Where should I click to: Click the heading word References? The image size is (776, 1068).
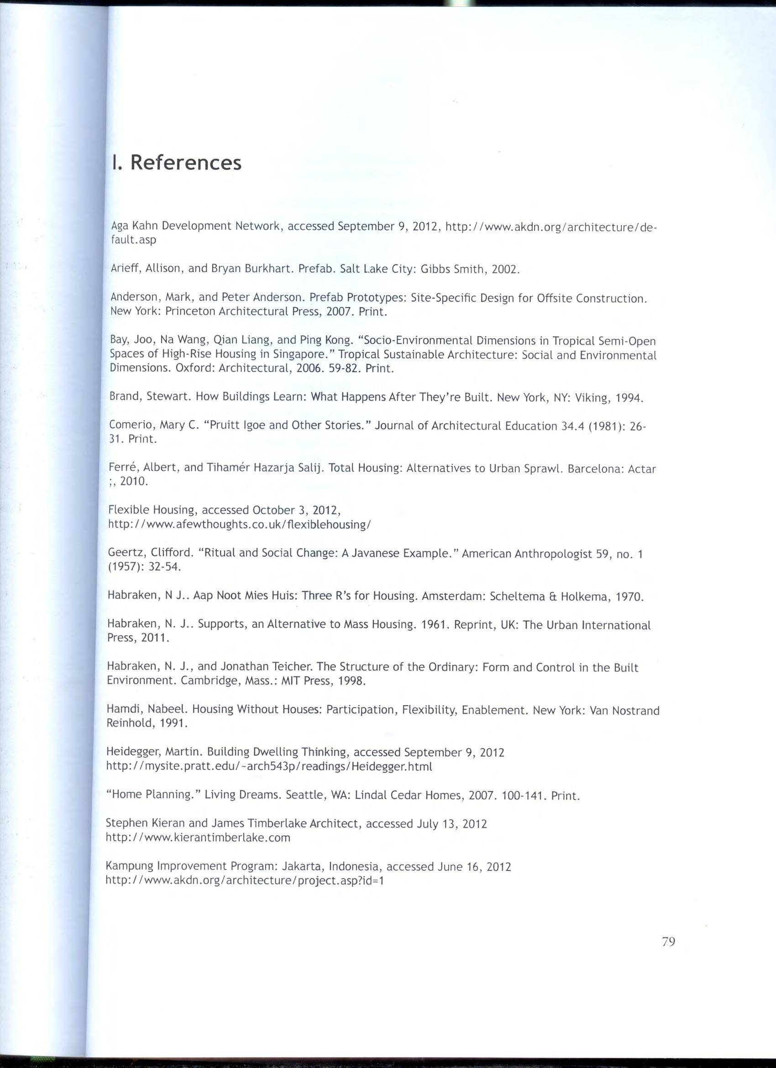pyautogui.click(x=185, y=163)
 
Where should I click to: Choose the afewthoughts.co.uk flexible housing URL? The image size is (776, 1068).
pyautogui.click(x=240, y=524)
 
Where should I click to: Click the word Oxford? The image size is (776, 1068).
pyautogui.click(x=194, y=368)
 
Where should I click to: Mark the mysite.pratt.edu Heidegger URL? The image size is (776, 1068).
pyautogui.click(x=269, y=766)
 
